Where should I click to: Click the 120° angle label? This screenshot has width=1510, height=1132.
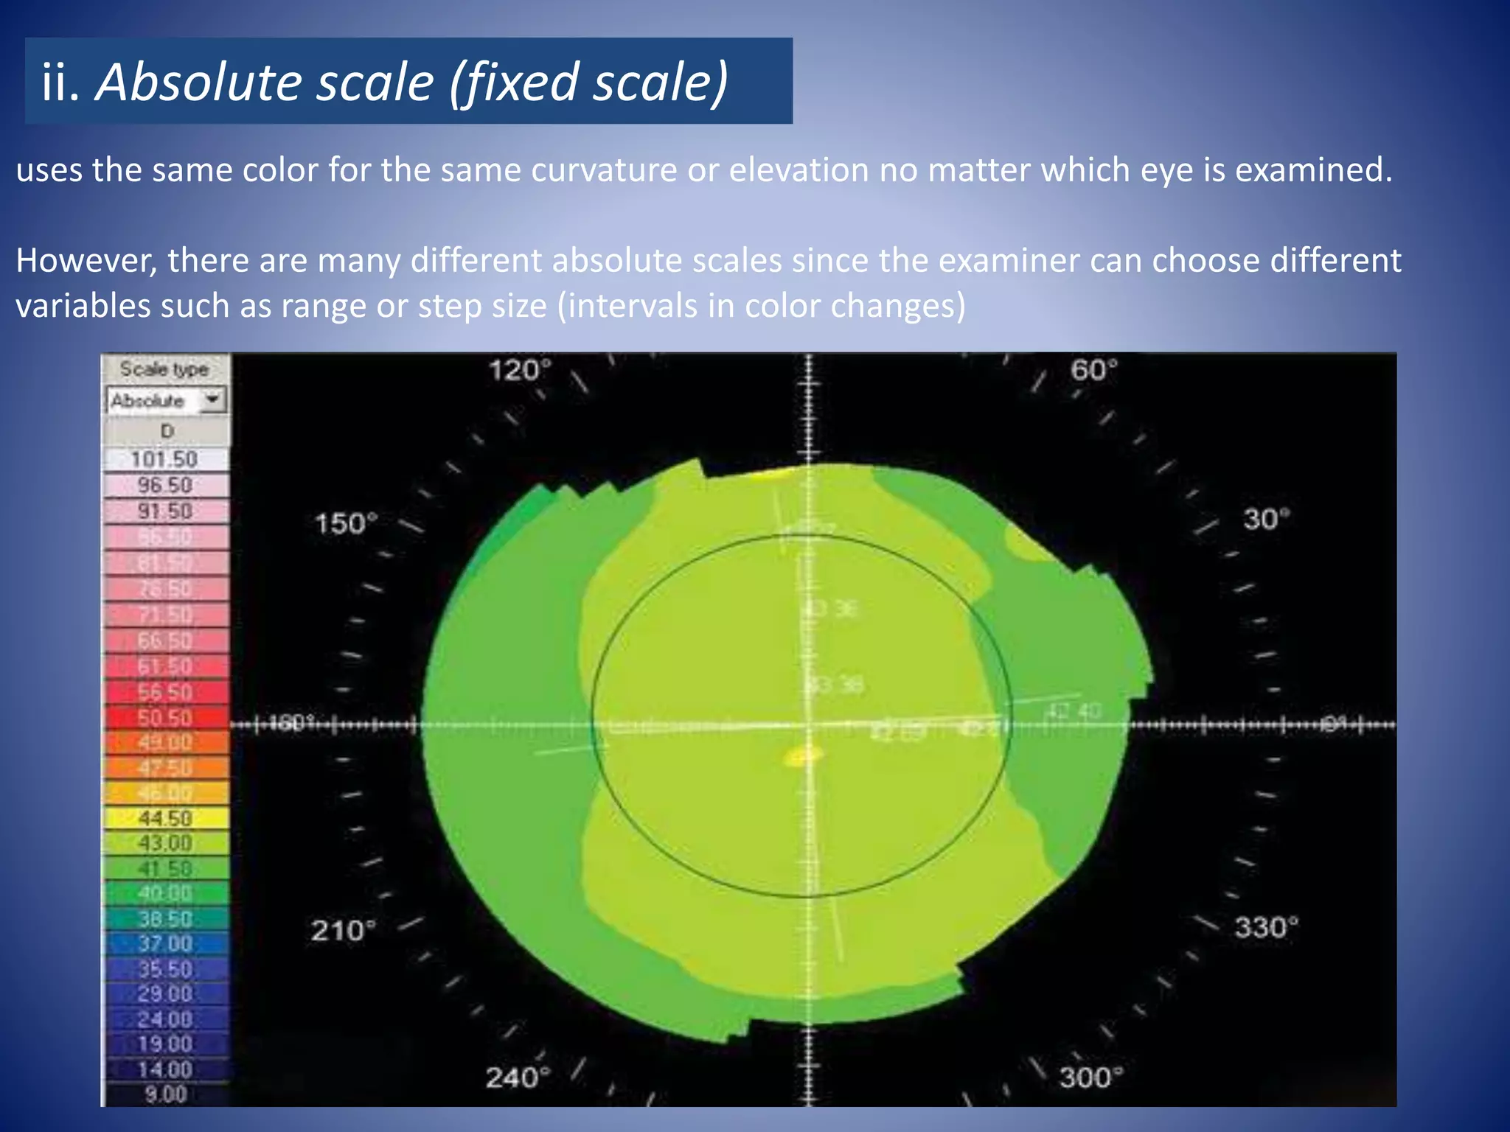click(520, 370)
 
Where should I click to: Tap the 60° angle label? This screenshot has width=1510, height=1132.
click(1093, 370)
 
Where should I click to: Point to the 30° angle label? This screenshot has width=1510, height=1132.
click(1267, 520)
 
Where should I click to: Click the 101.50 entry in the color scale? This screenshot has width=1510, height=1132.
click(164, 459)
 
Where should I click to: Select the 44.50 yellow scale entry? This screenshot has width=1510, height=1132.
click(164, 818)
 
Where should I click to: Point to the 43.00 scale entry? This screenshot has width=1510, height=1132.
click(164, 843)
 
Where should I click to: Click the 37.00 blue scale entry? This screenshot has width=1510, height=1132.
click(164, 944)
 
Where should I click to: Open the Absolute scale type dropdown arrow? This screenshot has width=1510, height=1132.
click(213, 399)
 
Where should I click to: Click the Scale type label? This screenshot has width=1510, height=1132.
click(164, 368)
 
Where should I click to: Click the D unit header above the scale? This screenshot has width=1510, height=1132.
click(167, 431)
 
